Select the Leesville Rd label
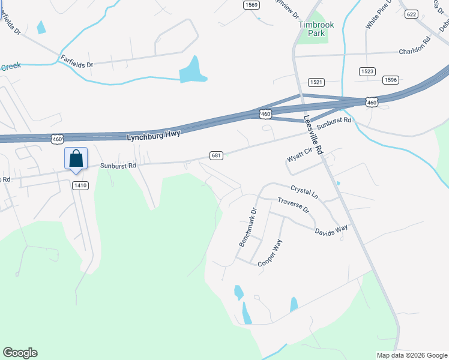[313, 136]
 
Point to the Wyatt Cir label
[300, 155]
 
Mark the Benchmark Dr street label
[247, 228]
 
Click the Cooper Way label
[270, 253]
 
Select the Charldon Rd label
[415, 52]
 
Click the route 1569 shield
[251, 5]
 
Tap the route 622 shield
[411, 14]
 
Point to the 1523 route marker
[367, 71]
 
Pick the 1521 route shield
[316, 82]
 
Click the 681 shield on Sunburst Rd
[217, 155]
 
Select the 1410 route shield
[80, 185]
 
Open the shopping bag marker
[76, 160]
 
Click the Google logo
[20, 353]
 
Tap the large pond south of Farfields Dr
[192, 71]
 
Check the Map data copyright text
[412, 355]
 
